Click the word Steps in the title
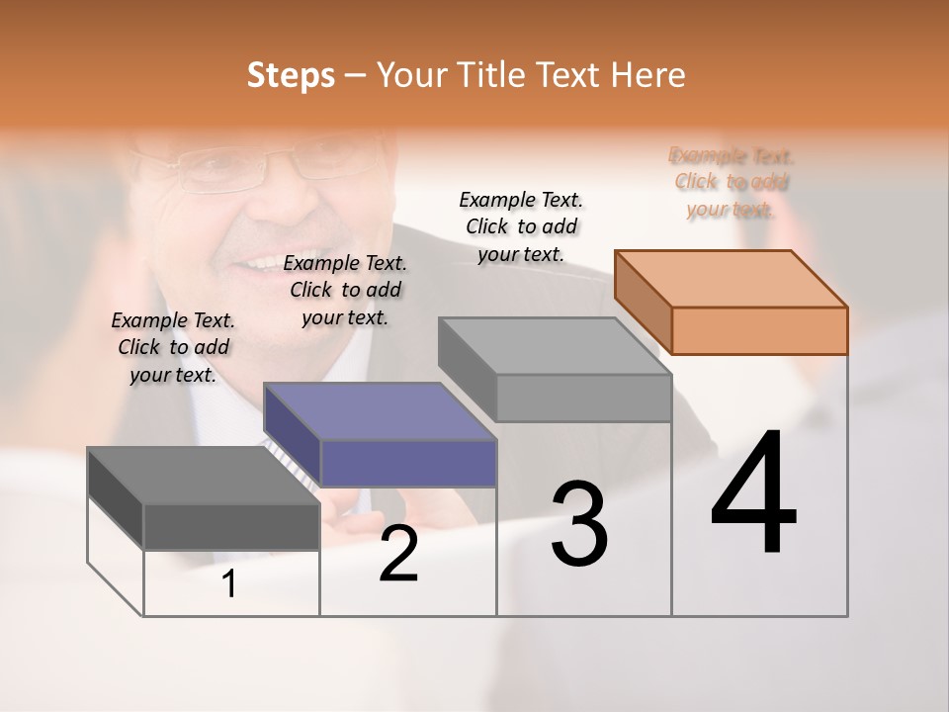[291, 75]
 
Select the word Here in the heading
[648, 75]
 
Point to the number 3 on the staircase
[579, 524]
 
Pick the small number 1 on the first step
[229, 584]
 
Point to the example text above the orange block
[732, 182]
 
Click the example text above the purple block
[345, 290]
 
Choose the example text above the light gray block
[521, 226]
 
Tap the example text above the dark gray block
[173, 347]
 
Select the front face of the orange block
[759, 330]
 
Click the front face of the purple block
[408, 463]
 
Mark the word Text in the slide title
[572, 75]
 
